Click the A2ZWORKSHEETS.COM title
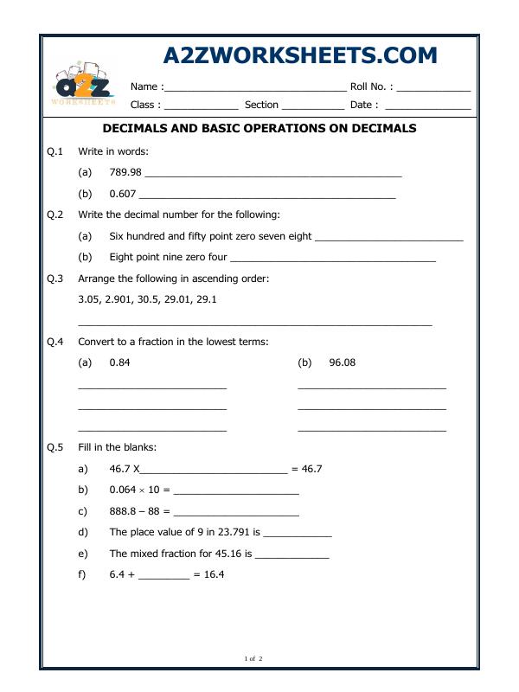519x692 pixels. (300, 56)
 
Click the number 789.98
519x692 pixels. (125, 172)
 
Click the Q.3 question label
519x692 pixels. (55, 279)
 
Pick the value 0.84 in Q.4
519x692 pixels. (120, 362)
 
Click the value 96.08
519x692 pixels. (342, 362)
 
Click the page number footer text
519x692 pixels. (253, 659)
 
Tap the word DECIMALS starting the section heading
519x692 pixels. (133, 129)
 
